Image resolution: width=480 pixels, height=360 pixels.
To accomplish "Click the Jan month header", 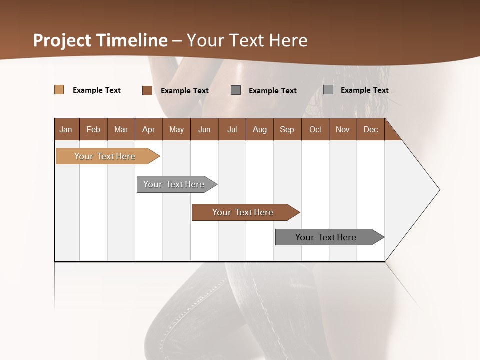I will pos(66,129).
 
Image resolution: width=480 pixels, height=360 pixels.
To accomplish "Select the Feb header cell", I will pos(93,129).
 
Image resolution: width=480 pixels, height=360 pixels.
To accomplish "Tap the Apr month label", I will pos(149,129).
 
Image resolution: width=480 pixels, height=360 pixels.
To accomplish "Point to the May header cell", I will pos(176,129).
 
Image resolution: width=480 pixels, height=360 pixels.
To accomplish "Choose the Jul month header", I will pos(232,129).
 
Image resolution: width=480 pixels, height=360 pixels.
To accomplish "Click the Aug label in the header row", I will pos(260,129).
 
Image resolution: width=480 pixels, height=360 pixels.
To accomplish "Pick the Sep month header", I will pos(287,129).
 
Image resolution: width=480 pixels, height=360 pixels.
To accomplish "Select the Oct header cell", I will pos(315,129).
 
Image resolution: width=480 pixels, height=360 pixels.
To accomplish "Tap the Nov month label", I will pos(343,129).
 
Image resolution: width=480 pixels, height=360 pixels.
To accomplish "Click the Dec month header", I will pos(371,129).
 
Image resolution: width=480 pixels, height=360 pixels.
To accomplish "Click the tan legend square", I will pos(59,90).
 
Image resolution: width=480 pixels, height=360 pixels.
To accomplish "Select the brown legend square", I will pos(147,90).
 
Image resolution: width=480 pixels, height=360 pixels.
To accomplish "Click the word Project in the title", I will pos(62,40).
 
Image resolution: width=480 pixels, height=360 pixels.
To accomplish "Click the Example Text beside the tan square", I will pos(97,90).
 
